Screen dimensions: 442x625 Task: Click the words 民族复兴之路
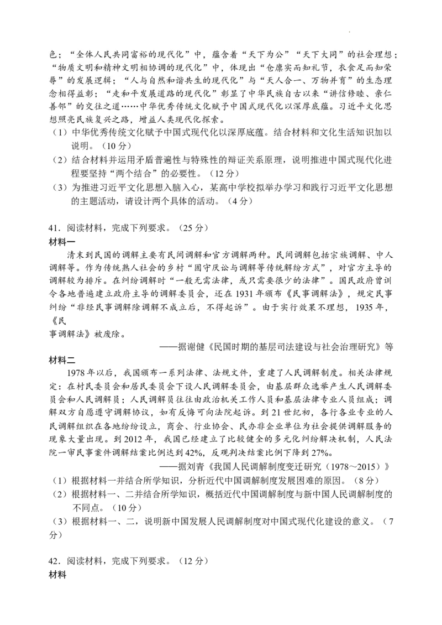[x=103, y=119]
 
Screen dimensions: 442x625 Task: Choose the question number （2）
[x=59, y=160]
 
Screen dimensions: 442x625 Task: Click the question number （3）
[x=59, y=188]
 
